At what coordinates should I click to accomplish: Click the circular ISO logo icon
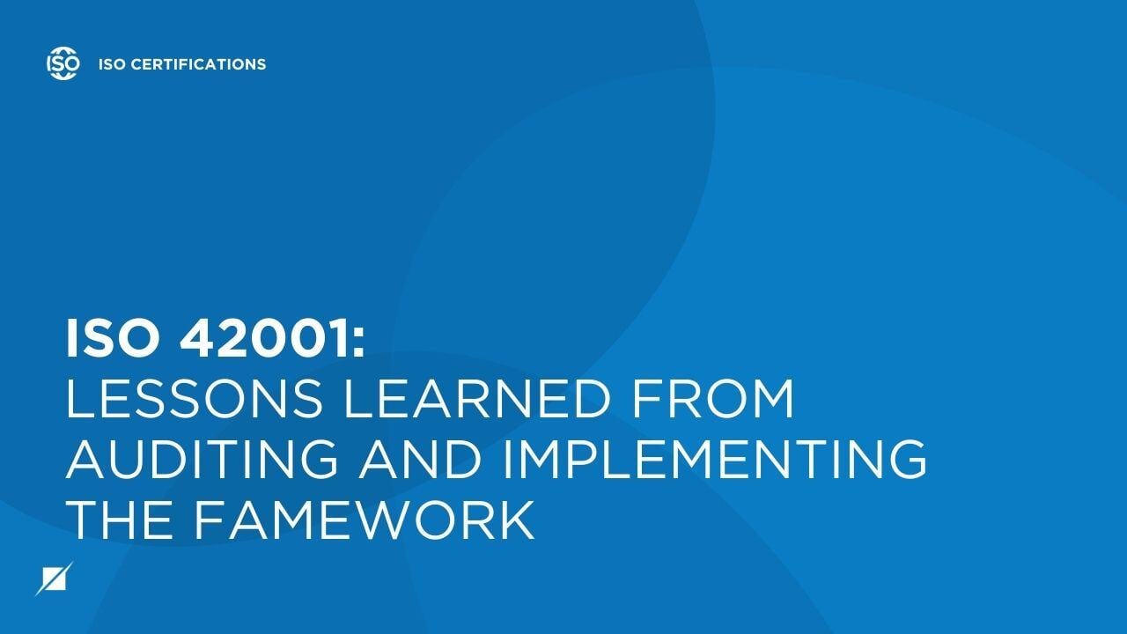[x=63, y=63]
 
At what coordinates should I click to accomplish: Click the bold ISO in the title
[x=111, y=339]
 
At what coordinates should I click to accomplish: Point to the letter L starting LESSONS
[x=79, y=399]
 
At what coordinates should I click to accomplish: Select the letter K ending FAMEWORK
[x=517, y=519]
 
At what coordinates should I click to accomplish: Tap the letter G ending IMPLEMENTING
[x=906, y=459]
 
